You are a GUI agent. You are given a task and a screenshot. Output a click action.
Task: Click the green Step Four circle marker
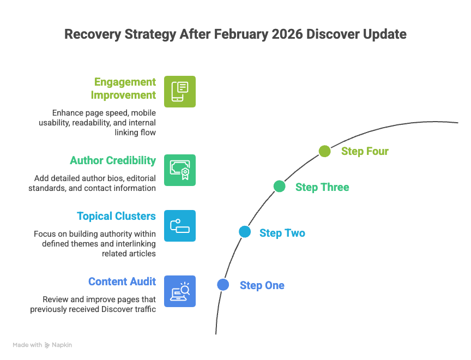pos(324,151)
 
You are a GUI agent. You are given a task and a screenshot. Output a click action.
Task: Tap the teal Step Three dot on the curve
pos(279,187)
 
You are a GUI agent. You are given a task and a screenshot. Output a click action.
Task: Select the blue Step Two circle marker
pos(245,232)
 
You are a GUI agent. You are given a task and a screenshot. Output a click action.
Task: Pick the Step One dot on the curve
pos(222,285)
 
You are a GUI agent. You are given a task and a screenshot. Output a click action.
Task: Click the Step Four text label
pos(365,151)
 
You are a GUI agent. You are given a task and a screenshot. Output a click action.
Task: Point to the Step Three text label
pos(322,187)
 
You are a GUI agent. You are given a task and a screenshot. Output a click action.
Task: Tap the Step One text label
pos(262,285)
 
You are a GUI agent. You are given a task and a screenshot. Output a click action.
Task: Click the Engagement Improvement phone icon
pos(180,92)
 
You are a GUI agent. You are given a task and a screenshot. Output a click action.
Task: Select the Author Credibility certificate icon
pos(180,170)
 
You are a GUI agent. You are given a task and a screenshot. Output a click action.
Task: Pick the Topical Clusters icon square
pos(180,225)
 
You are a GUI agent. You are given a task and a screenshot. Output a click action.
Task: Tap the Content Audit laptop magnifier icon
pos(180,291)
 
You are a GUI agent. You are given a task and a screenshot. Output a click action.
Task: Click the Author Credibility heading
pos(113,160)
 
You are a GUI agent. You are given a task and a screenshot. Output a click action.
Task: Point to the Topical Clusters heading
pos(116,216)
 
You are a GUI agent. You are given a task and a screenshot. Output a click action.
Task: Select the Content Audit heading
pos(122,281)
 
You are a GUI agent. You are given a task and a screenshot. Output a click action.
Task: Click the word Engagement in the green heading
pos(125,82)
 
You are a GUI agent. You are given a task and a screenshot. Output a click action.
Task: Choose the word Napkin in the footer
pos(62,345)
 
